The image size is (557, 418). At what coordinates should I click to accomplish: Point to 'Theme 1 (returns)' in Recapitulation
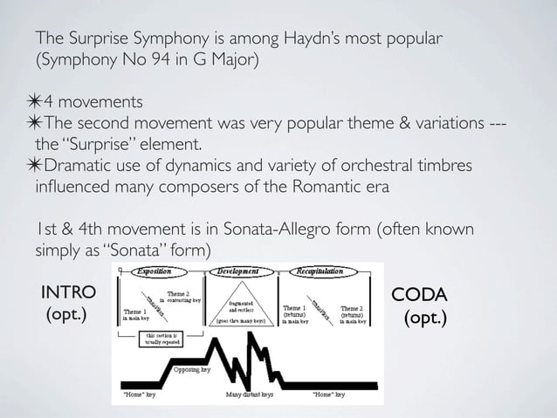point(294,313)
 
